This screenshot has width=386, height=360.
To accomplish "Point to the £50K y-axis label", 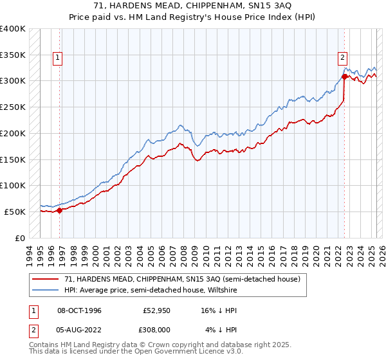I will point(15,212).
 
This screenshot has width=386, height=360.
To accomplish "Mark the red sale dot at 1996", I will point(60,210).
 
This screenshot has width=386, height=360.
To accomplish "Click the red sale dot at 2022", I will point(344,76).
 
